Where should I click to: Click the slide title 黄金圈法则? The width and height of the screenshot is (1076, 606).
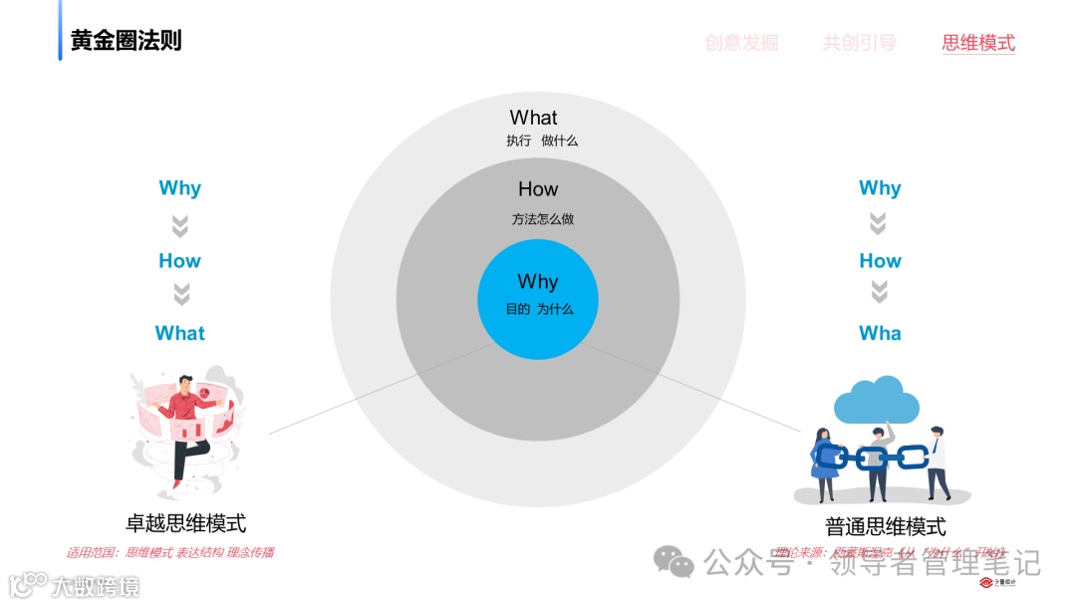point(126,41)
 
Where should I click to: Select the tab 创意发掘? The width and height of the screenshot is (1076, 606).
point(741,43)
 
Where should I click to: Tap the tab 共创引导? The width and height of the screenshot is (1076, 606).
point(859,43)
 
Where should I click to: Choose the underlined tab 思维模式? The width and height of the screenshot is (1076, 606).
point(978,43)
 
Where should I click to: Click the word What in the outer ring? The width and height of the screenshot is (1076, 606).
point(534,118)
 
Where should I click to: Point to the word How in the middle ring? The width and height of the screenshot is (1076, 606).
point(538,189)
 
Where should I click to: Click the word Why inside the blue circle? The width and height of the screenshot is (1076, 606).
point(538,282)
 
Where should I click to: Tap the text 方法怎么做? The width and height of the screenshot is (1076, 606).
point(543,219)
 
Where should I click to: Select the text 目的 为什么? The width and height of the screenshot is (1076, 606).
point(539,309)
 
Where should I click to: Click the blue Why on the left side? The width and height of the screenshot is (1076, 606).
point(179,188)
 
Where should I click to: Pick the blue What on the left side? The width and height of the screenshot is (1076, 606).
point(179,334)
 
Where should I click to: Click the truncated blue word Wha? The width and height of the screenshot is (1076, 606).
point(880,334)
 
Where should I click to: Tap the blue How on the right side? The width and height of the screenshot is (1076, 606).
point(880,261)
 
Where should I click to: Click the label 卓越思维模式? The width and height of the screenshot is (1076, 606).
point(185,523)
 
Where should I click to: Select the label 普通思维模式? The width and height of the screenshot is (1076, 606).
point(886,527)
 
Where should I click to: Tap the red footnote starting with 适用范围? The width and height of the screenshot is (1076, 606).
point(169,552)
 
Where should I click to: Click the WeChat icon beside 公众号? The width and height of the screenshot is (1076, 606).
point(679,563)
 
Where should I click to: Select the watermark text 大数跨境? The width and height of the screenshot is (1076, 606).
point(95,586)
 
